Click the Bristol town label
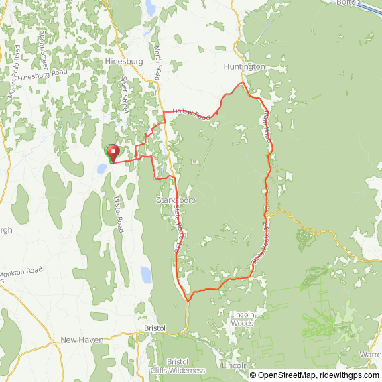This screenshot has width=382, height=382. [x=155, y=328]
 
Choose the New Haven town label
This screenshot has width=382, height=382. [x=82, y=340]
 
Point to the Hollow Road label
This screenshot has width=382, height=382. [x=191, y=115]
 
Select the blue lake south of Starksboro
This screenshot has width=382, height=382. [x=145, y=274]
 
